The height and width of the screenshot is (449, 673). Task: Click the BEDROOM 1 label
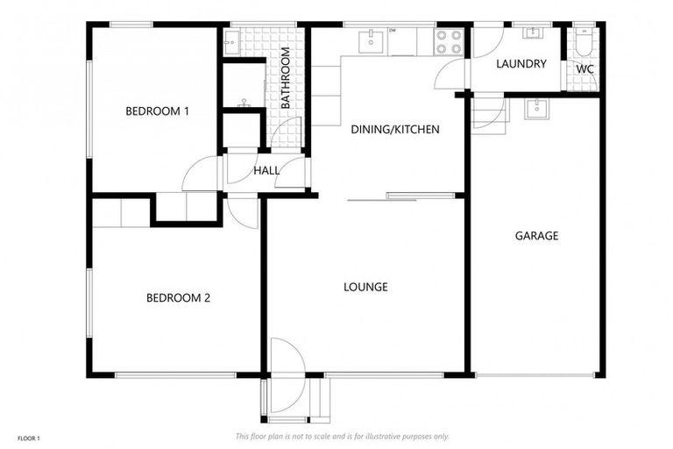158,111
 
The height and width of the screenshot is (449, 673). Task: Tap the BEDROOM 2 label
178,298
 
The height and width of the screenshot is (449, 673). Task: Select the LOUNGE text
365,287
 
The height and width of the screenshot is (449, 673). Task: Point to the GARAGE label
536,236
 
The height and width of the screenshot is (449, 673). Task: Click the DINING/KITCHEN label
394,130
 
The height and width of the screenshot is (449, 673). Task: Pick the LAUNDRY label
521,64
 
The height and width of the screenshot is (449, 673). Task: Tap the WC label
584,69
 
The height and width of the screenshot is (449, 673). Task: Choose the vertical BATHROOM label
286,78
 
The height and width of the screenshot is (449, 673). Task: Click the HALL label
266,171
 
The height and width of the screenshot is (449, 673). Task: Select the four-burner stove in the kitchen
449,41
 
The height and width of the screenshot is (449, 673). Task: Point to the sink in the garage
535,109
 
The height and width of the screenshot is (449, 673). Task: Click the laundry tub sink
532,33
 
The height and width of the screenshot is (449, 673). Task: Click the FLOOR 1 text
27,437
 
